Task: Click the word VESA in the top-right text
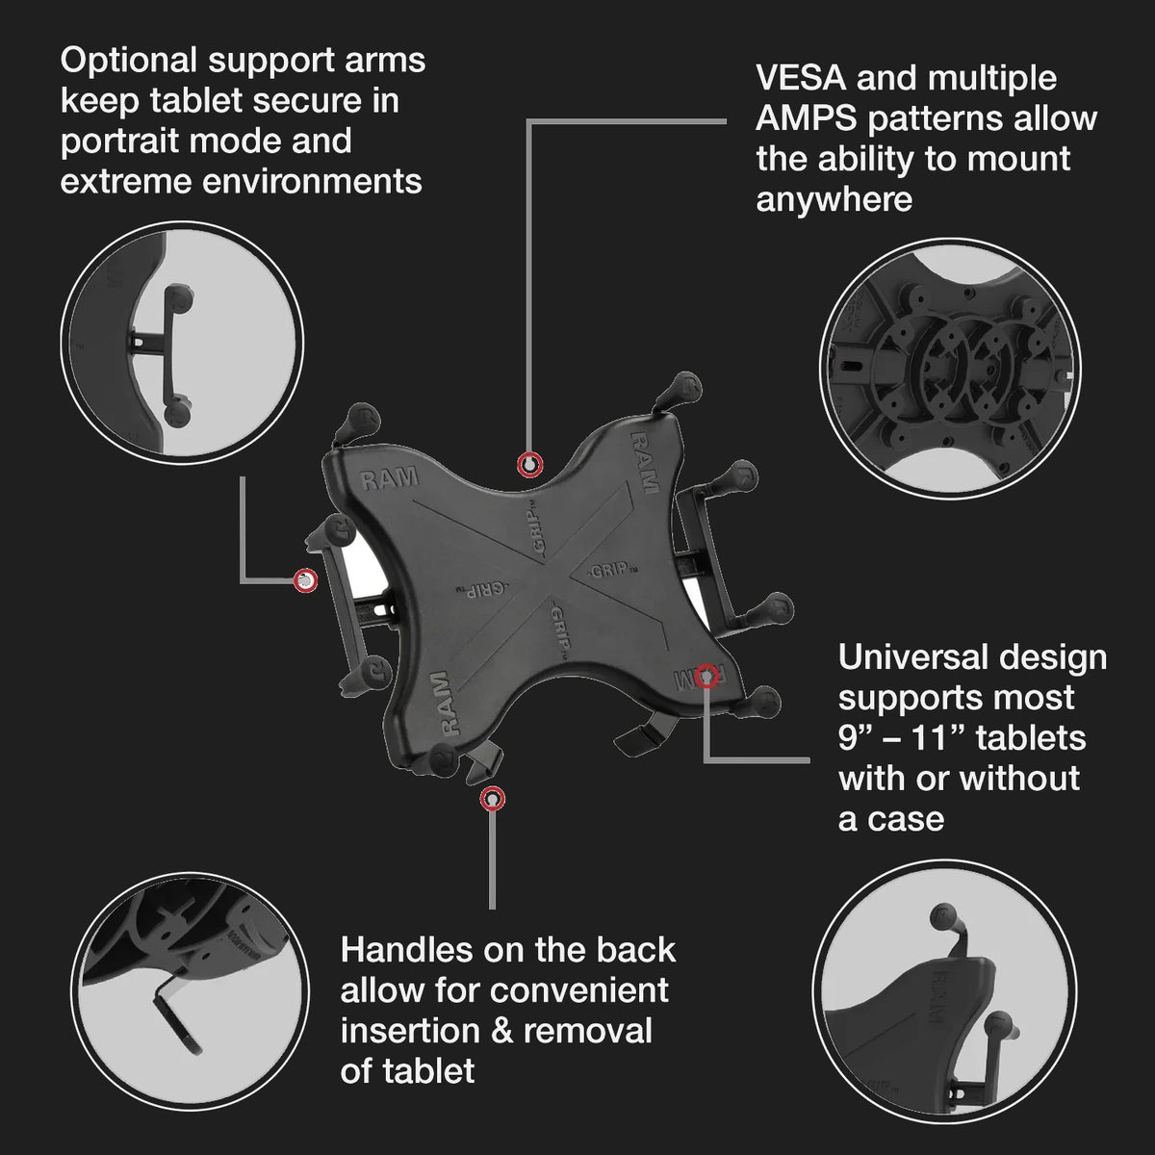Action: pyautogui.click(x=801, y=79)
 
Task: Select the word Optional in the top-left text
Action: pyautogui.click(x=129, y=63)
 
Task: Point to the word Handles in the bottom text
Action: pyautogui.click(x=406, y=950)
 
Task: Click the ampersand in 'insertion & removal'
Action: pyautogui.click(x=501, y=1031)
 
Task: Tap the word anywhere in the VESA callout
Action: pyautogui.click(x=834, y=200)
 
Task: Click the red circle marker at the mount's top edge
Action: pyautogui.click(x=529, y=465)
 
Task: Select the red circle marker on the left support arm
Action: pyautogui.click(x=306, y=580)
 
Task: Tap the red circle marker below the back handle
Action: pyautogui.click(x=493, y=799)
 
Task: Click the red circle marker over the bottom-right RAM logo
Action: pyautogui.click(x=706, y=676)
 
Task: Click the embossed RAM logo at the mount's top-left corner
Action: pyautogui.click(x=389, y=478)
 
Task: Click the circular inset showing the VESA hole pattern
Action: pyautogui.click(x=951, y=368)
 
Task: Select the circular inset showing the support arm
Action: pyautogui.click(x=182, y=343)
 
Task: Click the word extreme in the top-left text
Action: pyautogui.click(x=125, y=182)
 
